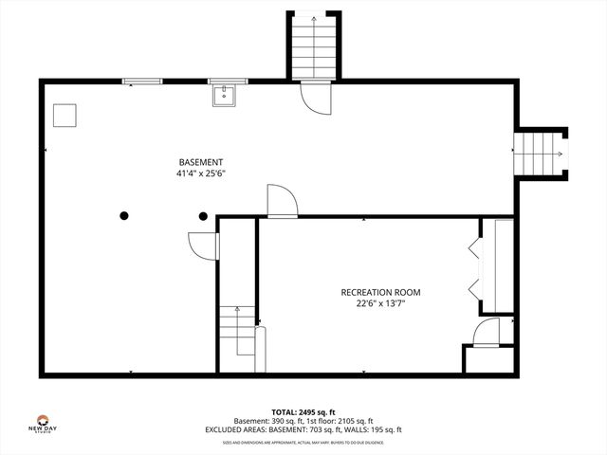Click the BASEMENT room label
tap(200, 161)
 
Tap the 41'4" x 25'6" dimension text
tap(200, 173)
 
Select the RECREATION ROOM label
tap(380, 292)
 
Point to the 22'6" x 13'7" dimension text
tap(380, 304)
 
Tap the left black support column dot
tap(124, 215)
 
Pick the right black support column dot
tap(203, 215)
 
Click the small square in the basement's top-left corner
tap(64, 115)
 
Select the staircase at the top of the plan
tap(314, 47)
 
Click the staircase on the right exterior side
tap(538, 154)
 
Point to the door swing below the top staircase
tap(314, 98)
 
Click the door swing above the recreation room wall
tap(282, 201)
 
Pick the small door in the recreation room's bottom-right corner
tap(486, 332)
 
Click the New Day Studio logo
tap(42, 421)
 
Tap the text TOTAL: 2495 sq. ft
tap(303, 411)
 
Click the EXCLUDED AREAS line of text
tap(303, 429)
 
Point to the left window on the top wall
tap(140, 82)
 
